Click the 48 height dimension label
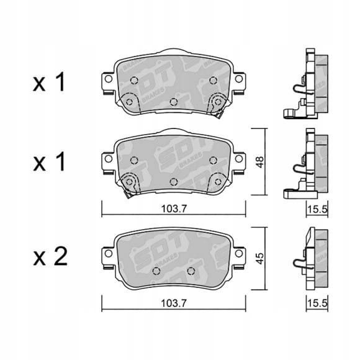[x=260, y=162]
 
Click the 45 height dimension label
[x=260, y=259]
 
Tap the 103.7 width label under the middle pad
[x=174, y=209]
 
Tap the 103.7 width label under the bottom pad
[x=174, y=304]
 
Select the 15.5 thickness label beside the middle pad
[x=317, y=209]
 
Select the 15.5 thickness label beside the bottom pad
[x=317, y=304]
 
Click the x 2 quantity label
[x=50, y=257]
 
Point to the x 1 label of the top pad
[x=49, y=83]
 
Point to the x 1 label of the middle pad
[x=49, y=162]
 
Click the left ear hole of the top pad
[x=109, y=79]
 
